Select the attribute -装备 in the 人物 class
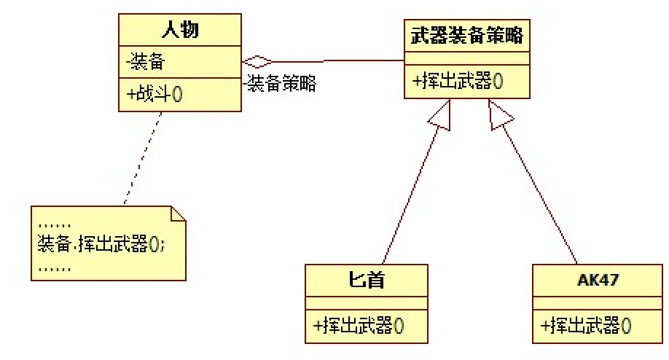tap(146, 63)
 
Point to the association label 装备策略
tap(281, 84)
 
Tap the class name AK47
tap(593, 278)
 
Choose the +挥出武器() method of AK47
tap(585, 325)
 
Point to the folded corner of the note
tap(179, 214)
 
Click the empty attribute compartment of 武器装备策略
tap(466, 58)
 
